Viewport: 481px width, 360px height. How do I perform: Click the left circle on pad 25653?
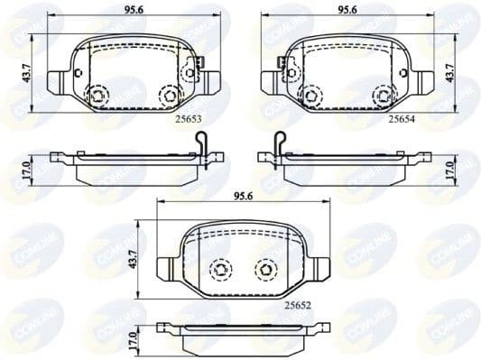(x=97, y=95)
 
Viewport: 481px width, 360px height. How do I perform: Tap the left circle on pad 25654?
(x=311, y=95)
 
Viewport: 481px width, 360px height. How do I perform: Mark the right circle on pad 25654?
(x=383, y=95)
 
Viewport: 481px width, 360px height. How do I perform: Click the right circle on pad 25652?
(x=265, y=267)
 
